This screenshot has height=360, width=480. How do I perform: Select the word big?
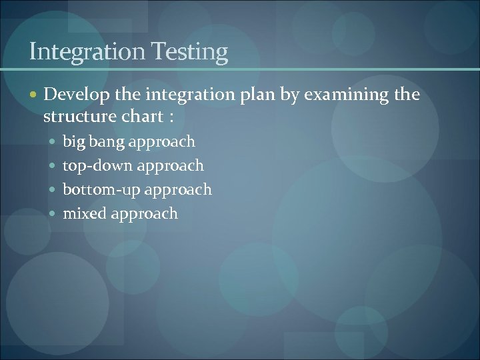click(x=74, y=142)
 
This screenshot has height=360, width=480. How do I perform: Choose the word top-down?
click(x=95, y=165)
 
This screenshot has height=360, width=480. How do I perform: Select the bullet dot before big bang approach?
click(x=54, y=142)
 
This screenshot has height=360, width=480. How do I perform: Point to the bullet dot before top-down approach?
click(x=54, y=166)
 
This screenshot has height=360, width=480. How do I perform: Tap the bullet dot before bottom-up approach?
click(x=54, y=190)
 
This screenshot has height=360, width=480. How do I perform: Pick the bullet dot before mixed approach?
click(x=54, y=214)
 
